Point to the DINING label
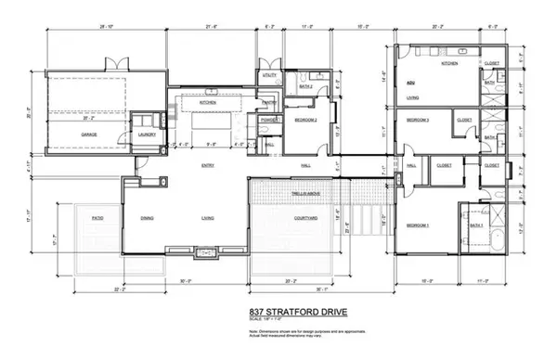147,218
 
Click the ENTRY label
209,165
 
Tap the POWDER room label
270,121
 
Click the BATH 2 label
304,86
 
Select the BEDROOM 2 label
307,121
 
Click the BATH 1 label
475,225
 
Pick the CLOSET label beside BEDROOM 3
465,121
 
